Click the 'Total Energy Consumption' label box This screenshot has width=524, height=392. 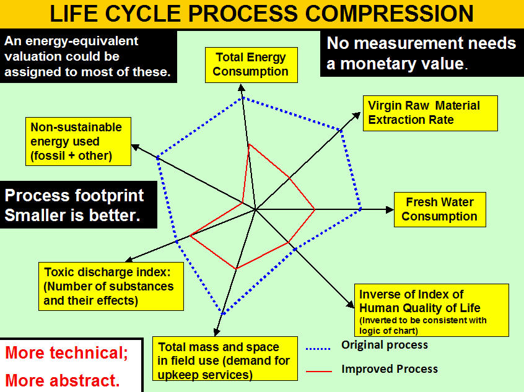click(251, 65)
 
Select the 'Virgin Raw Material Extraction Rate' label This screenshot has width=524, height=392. click(430, 113)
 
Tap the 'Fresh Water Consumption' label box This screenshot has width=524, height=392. click(440, 209)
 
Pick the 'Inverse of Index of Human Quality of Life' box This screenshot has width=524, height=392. click(432, 310)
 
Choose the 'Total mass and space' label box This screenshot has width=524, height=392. click(225, 358)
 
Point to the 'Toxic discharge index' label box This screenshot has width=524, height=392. click(111, 286)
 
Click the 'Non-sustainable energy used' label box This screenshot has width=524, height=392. click(78, 141)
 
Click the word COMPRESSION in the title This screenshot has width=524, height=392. click(390, 14)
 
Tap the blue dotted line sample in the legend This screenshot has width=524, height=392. click(318, 349)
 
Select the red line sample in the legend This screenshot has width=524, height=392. click(319, 371)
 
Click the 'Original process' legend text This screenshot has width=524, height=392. click(385, 344)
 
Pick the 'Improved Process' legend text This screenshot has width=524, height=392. click(390, 369)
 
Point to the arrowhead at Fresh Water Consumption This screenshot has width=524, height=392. click(390, 209)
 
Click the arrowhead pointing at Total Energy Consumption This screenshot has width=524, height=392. click(242, 87)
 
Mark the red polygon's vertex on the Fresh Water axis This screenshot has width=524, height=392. click(315, 209)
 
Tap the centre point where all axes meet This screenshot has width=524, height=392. click(256, 209)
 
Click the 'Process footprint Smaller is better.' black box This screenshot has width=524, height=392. click(79, 205)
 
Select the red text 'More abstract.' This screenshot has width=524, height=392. click(63, 380)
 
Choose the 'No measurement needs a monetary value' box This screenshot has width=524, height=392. click(422, 53)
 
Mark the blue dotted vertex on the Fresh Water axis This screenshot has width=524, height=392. click(360, 209)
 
